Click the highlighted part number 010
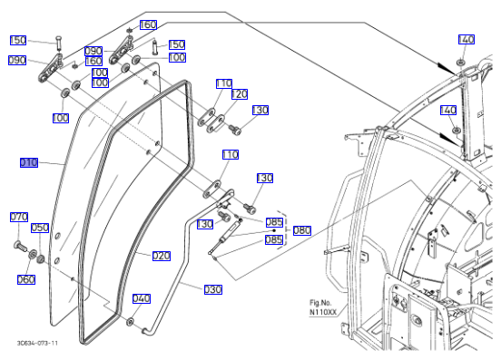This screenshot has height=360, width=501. (x=29, y=162)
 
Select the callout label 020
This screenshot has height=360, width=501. (x=162, y=256)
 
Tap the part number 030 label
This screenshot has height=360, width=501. (x=213, y=289)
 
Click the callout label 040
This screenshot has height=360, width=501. (x=142, y=298)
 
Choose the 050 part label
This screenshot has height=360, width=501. (x=40, y=228)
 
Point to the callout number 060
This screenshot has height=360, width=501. (x=26, y=279)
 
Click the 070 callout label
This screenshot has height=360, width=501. (x=19, y=217)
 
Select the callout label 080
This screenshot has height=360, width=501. (x=302, y=230)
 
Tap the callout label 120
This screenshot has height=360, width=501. (x=240, y=94)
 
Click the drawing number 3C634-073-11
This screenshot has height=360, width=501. (x=37, y=343)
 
